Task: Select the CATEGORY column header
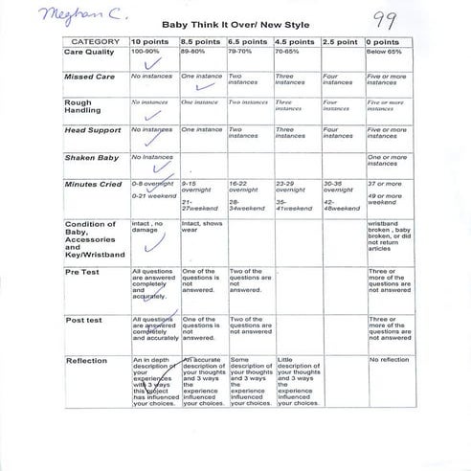[x=95, y=42]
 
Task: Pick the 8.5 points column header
[x=202, y=42]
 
